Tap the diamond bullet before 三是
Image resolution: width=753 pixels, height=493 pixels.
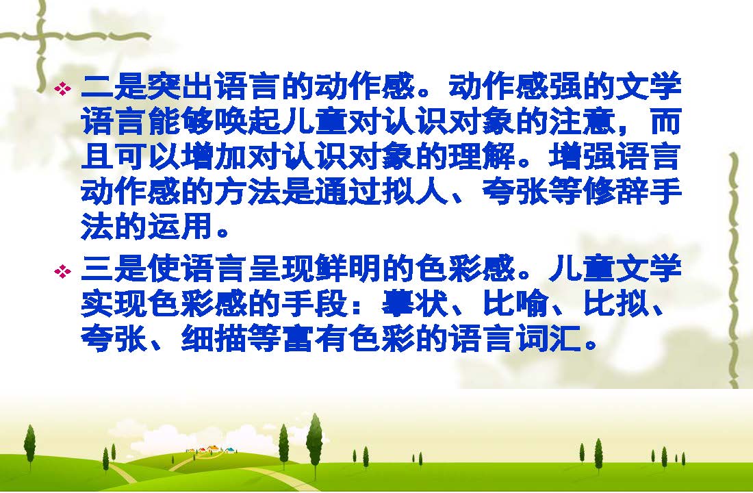coord(62,271)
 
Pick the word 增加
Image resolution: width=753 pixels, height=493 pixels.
coord(215,157)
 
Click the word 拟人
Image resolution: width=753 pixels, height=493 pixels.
coord(416,192)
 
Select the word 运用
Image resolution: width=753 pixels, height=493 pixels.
coord(181,227)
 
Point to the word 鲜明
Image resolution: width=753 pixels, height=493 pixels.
coord(348,268)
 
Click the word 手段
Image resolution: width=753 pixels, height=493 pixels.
coord(316,304)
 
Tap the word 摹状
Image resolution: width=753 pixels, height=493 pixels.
coord(416,304)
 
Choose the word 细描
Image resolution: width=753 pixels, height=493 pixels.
coord(215,339)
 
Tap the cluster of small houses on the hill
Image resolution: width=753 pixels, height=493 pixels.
coord(212,449)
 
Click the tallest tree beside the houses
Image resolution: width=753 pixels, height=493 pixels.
coord(315,440)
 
